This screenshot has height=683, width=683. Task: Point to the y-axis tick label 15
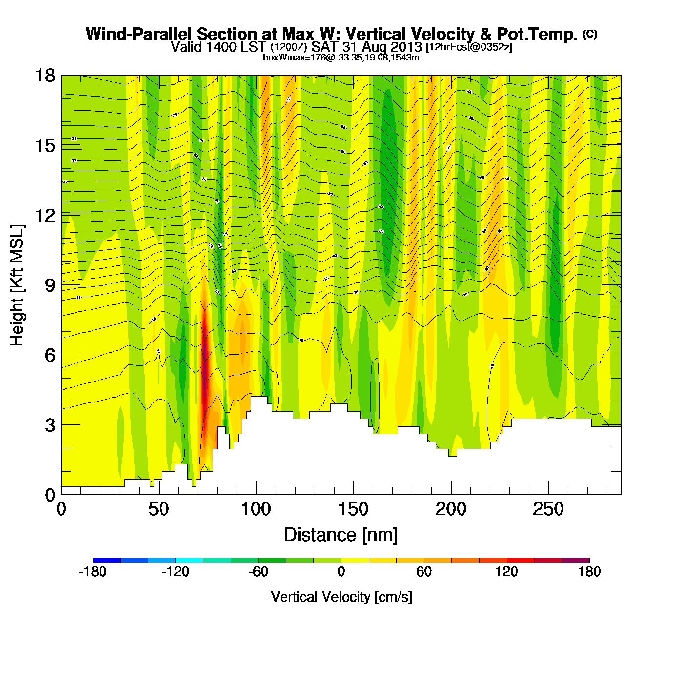[44, 145]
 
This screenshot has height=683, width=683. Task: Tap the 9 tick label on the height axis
[50, 285]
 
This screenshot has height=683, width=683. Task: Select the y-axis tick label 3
[50, 425]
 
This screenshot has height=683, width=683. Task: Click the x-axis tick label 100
[256, 510]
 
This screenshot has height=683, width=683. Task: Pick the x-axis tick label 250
[548, 510]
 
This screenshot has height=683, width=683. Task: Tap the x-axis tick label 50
[159, 510]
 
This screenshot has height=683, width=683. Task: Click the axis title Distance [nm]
[341, 535]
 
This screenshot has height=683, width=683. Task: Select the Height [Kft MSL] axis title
[17, 285]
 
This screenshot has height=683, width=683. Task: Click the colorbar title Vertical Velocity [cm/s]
[341, 597]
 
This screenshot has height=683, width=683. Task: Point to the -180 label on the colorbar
[93, 572]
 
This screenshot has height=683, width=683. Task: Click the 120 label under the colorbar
[506, 572]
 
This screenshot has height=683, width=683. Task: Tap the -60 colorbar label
[258, 572]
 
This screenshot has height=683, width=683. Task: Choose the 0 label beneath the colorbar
[341, 572]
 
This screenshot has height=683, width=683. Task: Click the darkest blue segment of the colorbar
[106, 560]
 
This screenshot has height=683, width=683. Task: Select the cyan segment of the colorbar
[189, 560]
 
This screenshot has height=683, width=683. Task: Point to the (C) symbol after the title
[590, 34]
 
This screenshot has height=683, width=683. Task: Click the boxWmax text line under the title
[341, 58]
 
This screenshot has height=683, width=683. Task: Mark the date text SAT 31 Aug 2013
[366, 47]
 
